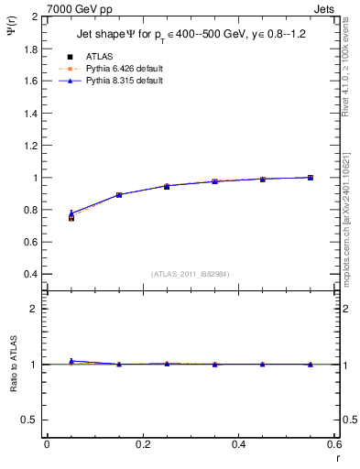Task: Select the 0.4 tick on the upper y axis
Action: [x=32, y=274]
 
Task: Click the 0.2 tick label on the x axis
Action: [x=142, y=444]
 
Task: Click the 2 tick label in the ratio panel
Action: [x=37, y=309]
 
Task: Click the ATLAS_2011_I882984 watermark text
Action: [x=190, y=274]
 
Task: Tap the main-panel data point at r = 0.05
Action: [x=71, y=217]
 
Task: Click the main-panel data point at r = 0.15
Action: [x=119, y=195]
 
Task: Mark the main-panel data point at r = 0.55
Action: [x=310, y=178]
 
